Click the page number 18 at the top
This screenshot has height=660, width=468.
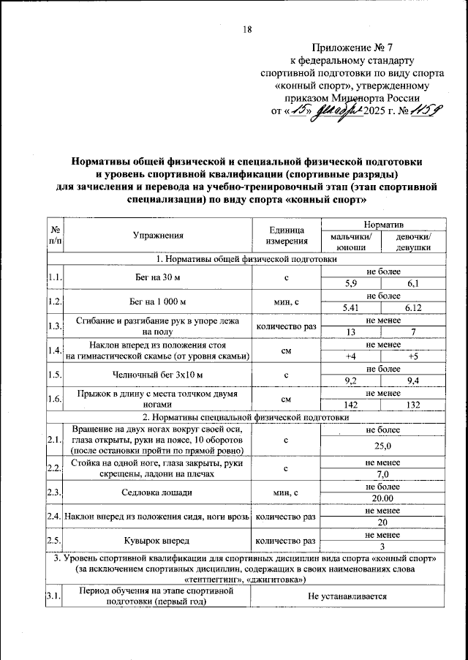(247, 29)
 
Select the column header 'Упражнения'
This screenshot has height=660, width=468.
(157, 236)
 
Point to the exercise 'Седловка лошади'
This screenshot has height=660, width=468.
(157, 492)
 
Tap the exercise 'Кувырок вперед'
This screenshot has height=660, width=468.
(157, 541)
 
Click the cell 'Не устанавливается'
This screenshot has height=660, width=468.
(347, 597)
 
